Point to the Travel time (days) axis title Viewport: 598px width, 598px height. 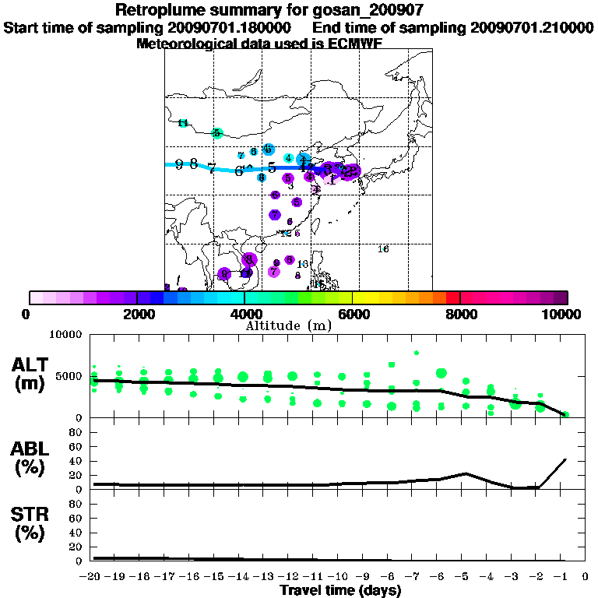click(x=340, y=591)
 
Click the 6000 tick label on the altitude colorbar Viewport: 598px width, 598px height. click(x=352, y=314)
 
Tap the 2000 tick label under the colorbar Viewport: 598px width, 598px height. click(x=137, y=314)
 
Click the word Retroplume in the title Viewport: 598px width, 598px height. click(x=157, y=10)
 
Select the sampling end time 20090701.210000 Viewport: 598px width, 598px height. click(x=532, y=27)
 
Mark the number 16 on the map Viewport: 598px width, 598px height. click(x=383, y=249)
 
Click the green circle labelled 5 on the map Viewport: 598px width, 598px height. click(x=218, y=133)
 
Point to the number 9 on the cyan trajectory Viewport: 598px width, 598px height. click(x=179, y=164)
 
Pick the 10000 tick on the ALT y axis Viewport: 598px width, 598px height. click(x=66, y=335)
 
